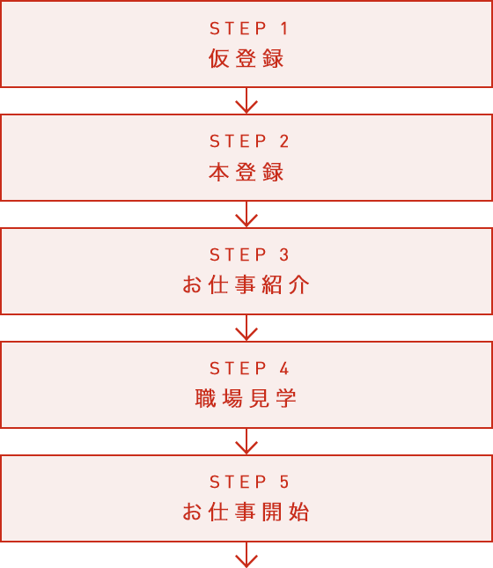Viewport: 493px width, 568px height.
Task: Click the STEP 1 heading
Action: pos(249,28)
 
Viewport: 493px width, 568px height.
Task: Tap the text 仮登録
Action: pos(246,58)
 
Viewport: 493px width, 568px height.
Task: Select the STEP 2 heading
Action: pos(249,141)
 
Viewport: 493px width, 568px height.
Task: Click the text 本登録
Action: pos(246,172)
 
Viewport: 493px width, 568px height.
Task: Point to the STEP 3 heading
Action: pos(249,254)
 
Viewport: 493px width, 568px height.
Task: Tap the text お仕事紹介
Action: pos(246,284)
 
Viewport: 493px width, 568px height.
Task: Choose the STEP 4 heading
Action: pos(249,368)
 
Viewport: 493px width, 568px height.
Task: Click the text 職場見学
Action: pos(246,398)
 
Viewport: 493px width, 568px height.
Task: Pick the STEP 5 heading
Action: pos(249,482)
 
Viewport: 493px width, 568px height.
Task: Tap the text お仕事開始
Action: pos(246,512)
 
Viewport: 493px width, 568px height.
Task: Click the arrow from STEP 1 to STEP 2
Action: pos(246,100)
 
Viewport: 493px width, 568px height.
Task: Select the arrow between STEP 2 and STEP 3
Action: pos(246,214)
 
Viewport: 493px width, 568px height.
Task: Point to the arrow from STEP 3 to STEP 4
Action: pos(246,328)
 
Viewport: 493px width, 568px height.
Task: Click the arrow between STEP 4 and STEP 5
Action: pos(246,441)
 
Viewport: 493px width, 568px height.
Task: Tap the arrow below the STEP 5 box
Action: pos(246,555)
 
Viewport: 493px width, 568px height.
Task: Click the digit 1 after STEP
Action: pos(284,28)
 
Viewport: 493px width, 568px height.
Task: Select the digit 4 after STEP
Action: pos(284,368)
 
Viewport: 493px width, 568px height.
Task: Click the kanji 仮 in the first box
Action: pos(219,58)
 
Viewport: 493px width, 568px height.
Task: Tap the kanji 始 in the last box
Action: pos(299,512)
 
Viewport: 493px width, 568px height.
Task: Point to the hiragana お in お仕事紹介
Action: pos(192,284)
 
